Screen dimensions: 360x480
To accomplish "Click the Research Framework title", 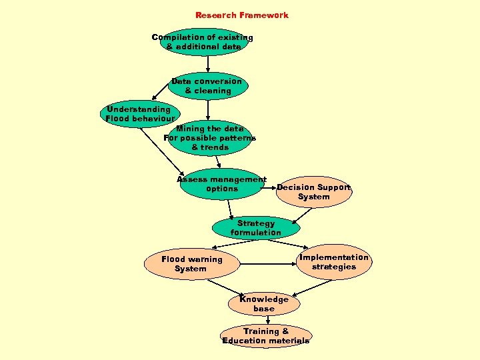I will [x=241, y=15].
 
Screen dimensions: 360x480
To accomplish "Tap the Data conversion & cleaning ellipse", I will [x=207, y=86].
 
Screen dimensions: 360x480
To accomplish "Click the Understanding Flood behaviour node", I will [x=139, y=114].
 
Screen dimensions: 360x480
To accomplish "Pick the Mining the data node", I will [x=209, y=138].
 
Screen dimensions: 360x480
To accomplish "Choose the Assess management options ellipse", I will [x=221, y=184].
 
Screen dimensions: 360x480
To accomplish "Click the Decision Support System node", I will [x=313, y=192].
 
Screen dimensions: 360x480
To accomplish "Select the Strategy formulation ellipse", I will [x=255, y=228].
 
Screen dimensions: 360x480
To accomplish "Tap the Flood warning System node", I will [x=191, y=264].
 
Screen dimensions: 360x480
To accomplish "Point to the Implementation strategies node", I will [x=333, y=262].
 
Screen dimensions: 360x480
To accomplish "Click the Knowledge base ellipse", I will [x=263, y=304].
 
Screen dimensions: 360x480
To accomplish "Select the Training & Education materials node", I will [x=266, y=336].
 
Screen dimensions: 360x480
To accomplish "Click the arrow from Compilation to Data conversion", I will [x=208, y=64].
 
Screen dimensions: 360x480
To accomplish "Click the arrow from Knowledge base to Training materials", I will [x=267, y=320].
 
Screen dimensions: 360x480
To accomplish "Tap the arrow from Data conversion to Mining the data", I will [x=209, y=109].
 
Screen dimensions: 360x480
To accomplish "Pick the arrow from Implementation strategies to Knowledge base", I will [x=312, y=286].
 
